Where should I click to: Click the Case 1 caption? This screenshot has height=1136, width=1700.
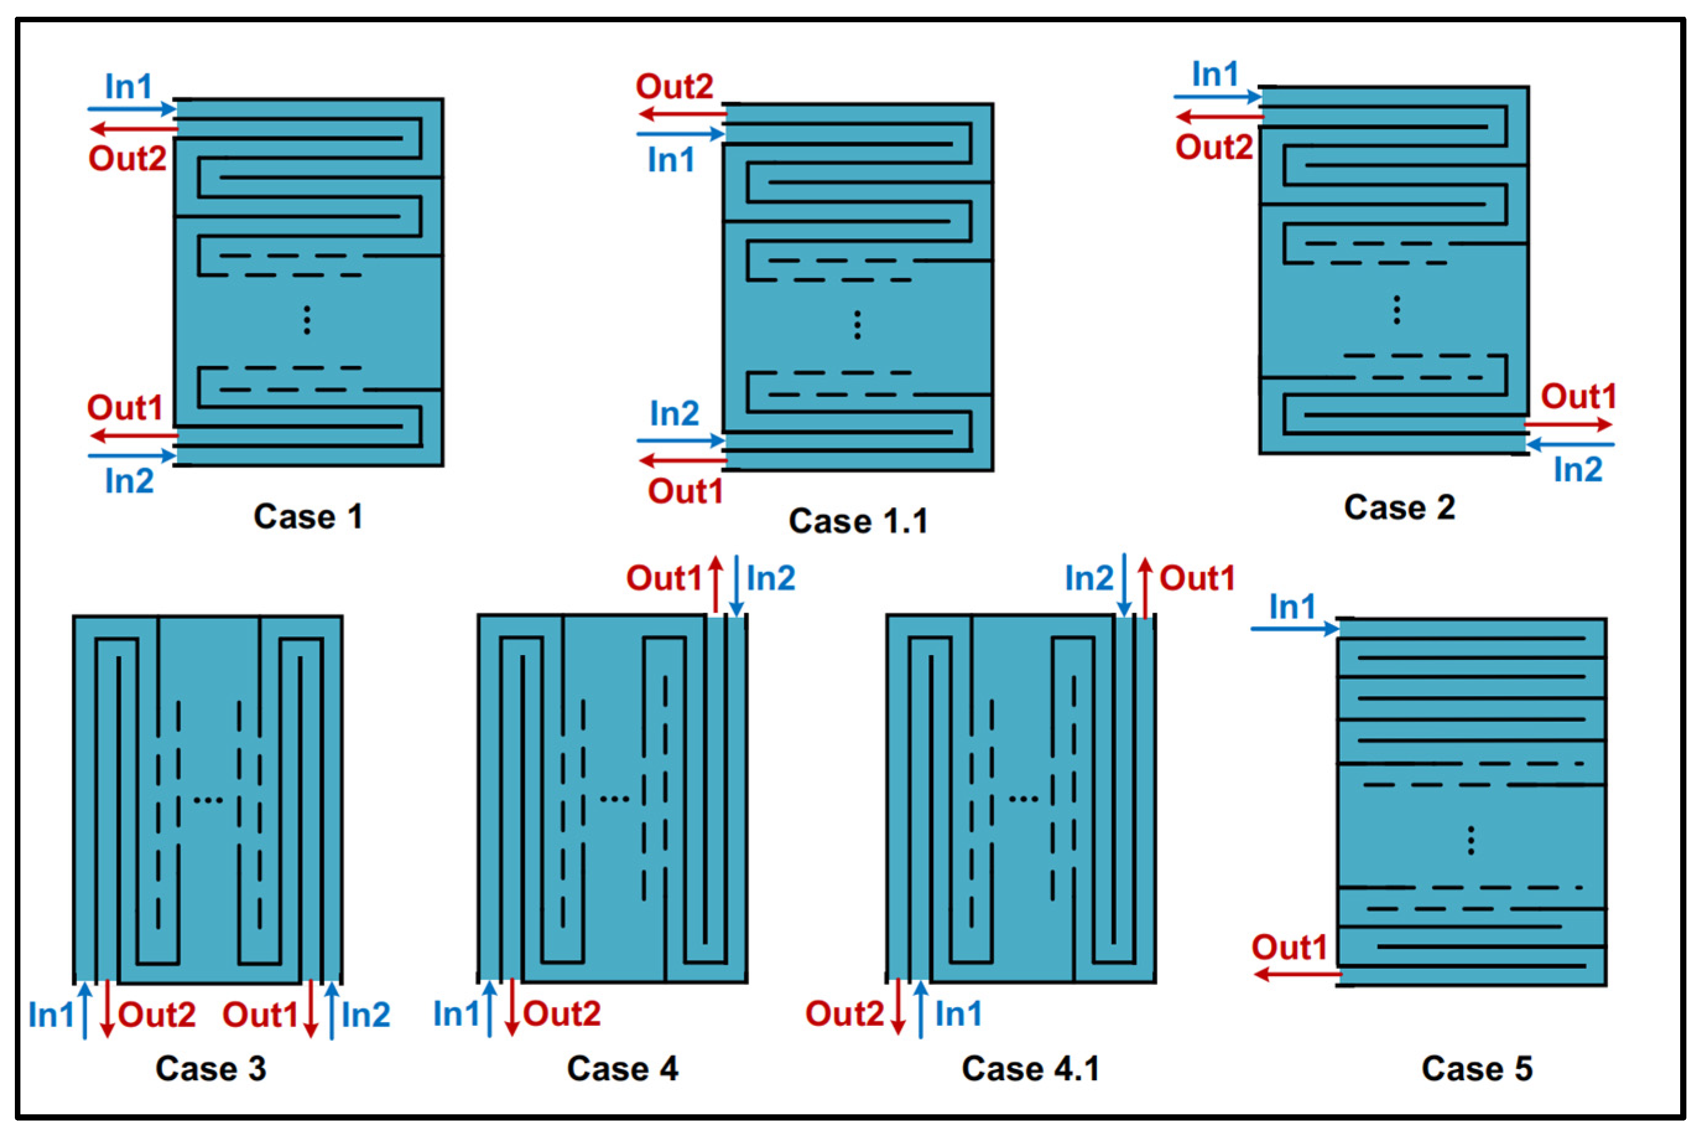click(307, 516)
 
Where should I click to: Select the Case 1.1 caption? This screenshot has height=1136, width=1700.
click(858, 521)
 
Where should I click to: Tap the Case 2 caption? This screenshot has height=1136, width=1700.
click(1399, 507)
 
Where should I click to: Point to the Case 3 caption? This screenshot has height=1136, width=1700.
click(211, 1069)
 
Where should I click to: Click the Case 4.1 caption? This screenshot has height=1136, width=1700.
click(1030, 1069)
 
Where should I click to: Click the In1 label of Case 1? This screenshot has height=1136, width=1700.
click(129, 87)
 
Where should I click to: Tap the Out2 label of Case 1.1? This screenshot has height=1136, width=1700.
click(674, 87)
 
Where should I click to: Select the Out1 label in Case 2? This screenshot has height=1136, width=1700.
click(1578, 396)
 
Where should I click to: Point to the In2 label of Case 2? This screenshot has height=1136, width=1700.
click(1578, 469)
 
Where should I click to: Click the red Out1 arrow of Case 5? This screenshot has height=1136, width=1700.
click(1296, 974)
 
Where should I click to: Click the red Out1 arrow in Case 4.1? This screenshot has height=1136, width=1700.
click(1144, 587)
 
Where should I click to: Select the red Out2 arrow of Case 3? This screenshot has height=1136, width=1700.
click(107, 1009)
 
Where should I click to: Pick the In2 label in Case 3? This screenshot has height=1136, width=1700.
click(366, 1014)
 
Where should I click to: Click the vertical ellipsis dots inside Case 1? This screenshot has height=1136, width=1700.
click(307, 319)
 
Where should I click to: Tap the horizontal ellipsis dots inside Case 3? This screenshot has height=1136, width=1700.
click(208, 800)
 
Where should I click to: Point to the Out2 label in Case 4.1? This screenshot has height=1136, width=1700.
click(844, 1013)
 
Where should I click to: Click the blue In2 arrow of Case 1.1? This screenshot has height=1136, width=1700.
click(680, 440)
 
